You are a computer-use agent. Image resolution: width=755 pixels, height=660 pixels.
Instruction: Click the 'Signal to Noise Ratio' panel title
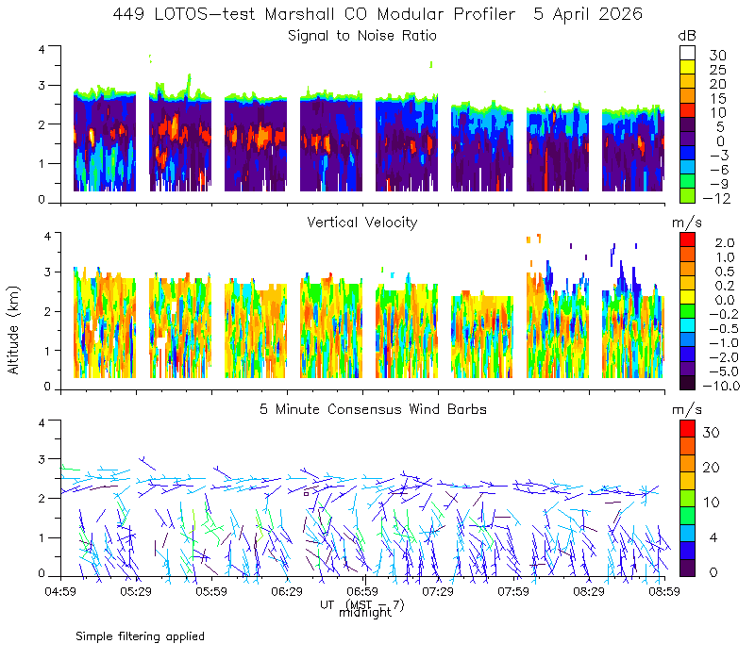coord(362,36)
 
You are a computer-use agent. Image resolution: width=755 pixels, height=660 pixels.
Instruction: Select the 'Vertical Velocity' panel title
coord(362,223)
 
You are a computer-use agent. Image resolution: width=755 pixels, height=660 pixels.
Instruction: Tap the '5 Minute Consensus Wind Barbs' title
coord(373,409)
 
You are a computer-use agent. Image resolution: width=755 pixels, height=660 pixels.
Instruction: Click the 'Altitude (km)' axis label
coord(13,330)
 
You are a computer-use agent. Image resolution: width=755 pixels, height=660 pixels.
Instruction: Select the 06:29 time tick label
coord(287,591)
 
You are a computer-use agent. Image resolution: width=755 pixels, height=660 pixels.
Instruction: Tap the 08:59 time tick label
coord(664,591)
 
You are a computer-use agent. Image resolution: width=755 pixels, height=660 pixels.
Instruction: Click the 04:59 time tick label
coord(60,591)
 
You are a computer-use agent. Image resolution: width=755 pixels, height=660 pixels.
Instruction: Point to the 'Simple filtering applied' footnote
coord(140,637)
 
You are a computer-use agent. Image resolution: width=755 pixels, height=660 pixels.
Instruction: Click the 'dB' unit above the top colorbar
coord(687,36)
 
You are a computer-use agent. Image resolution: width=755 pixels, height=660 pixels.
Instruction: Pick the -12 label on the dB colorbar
coord(716,198)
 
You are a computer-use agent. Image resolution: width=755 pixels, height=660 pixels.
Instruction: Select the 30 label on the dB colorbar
coord(717,56)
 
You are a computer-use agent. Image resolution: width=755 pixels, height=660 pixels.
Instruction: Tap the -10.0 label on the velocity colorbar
coord(721,386)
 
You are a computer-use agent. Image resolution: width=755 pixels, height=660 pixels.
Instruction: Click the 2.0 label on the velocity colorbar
coord(725,243)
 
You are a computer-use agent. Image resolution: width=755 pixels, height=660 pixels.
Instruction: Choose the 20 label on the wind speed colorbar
coord(712,468)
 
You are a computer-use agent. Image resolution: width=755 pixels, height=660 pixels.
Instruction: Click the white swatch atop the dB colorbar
coord(687,53)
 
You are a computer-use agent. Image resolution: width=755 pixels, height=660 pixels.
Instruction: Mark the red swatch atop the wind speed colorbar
coord(687,429)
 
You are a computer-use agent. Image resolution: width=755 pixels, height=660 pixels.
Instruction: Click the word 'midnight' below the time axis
coord(365,613)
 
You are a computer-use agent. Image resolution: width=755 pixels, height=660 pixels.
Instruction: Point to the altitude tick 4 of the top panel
coord(42,49)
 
